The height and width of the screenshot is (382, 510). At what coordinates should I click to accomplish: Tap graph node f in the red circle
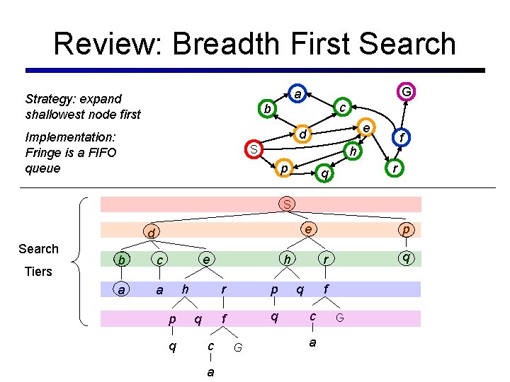click(402, 139)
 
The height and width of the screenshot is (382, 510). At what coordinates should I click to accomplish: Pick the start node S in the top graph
click(253, 149)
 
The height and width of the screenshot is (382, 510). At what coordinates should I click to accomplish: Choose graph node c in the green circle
click(341, 108)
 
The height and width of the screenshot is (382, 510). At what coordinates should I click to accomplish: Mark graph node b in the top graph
click(266, 109)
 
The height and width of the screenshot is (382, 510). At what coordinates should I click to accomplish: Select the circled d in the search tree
click(151, 233)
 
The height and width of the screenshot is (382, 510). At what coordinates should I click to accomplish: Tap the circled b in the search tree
click(122, 260)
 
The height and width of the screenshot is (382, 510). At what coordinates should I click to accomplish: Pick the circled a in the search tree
click(122, 289)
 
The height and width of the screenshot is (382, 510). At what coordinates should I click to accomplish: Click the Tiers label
click(38, 272)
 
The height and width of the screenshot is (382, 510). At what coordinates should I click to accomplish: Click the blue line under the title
click(255, 70)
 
